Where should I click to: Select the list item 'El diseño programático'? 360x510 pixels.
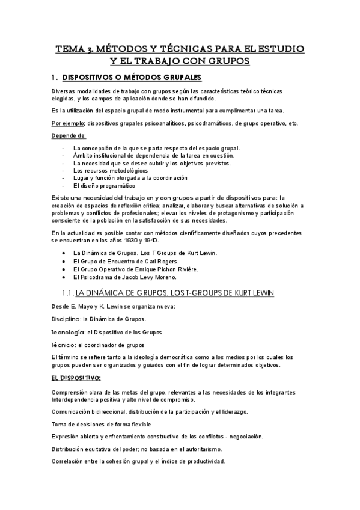pos(104,185)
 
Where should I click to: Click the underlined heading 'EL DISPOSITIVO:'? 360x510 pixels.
pos(76,378)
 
